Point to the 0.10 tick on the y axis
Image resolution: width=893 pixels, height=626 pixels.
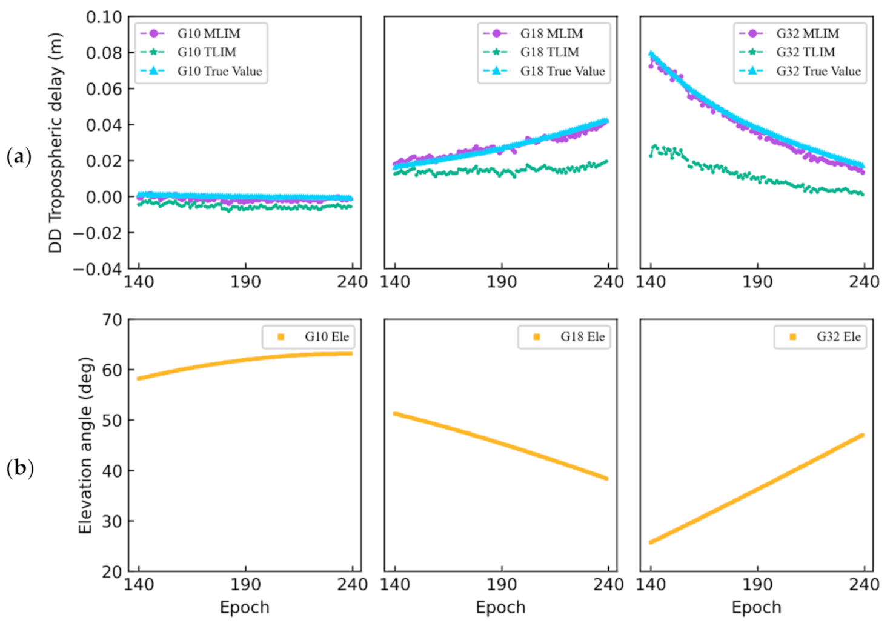coord(104,17)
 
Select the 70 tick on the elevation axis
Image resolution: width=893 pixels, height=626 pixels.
coord(111,319)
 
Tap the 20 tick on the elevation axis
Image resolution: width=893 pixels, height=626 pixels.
coord(111,571)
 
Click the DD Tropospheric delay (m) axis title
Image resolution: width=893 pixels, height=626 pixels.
coord(56,142)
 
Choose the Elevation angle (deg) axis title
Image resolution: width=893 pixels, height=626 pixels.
coord(85,445)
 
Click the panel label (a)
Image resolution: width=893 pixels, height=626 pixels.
coord(19,157)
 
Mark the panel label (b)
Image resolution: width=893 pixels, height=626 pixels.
coord(19,468)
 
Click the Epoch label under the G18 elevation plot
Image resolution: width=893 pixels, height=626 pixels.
coord(500,608)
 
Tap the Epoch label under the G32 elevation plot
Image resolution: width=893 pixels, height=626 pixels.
coord(756,608)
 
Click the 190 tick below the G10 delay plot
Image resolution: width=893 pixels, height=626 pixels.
coord(245,282)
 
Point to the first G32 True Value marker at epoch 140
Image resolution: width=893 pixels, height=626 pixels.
coord(651,54)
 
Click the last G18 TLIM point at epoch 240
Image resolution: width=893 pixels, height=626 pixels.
coord(606,162)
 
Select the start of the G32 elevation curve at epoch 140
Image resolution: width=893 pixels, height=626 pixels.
coord(651,542)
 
